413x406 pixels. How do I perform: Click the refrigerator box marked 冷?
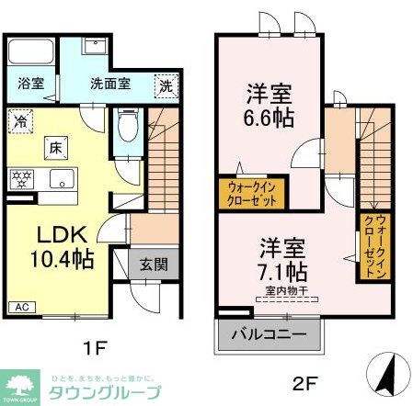pyautogui.click(x=20, y=119)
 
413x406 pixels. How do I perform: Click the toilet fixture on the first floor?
pyautogui.click(x=127, y=127)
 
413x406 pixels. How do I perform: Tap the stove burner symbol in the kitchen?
pyautogui.click(x=20, y=177)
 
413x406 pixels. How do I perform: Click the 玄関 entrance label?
pyautogui.click(x=153, y=265)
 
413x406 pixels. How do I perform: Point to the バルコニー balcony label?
pyautogui.click(x=269, y=333)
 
